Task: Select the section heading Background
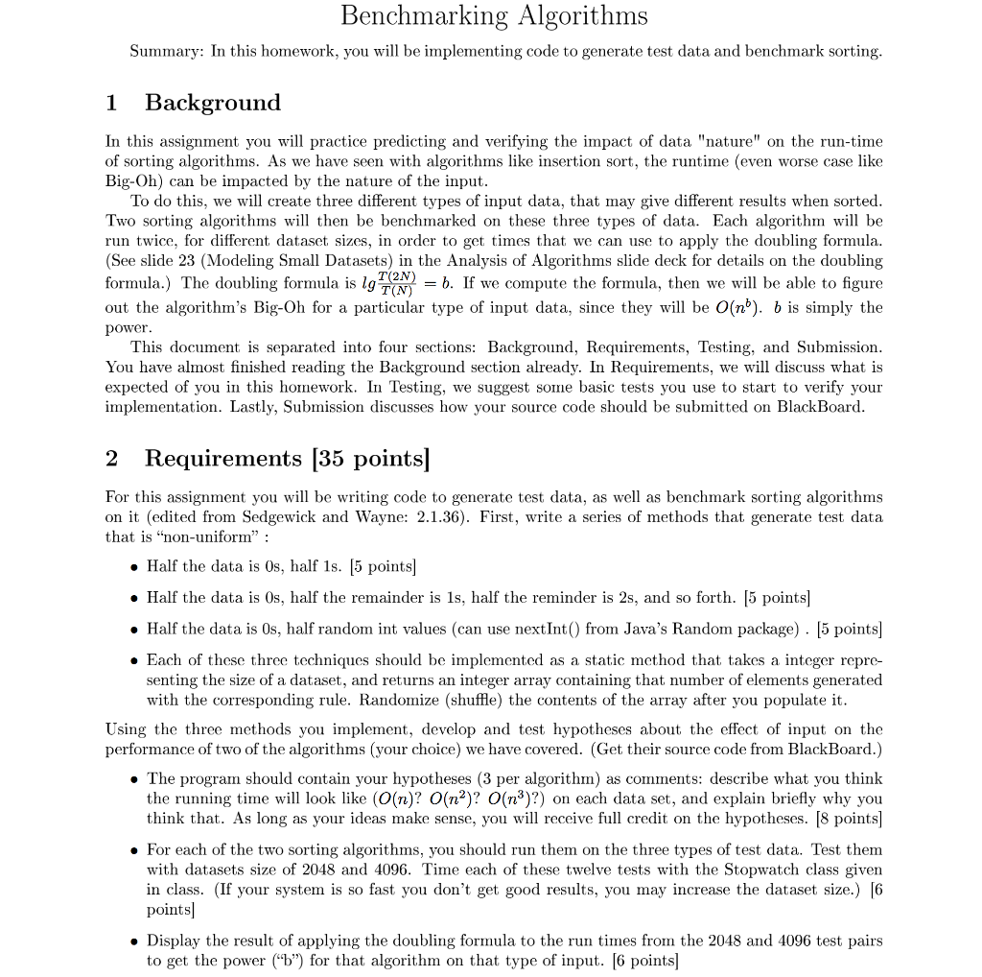[213, 103]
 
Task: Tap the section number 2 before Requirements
[112, 459]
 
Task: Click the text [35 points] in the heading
[375, 459]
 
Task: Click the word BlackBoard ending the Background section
[823, 406]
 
